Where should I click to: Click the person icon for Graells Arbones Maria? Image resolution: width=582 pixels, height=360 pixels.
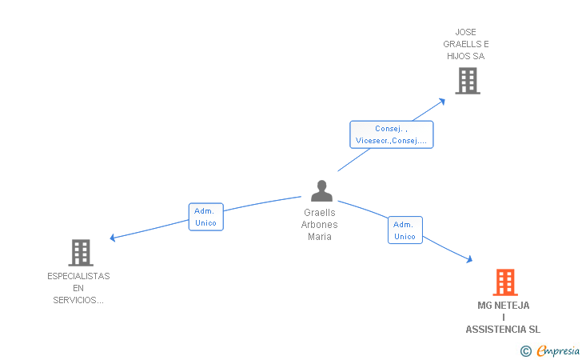[321, 191]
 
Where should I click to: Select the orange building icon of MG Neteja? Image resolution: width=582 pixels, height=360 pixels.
[504, 282]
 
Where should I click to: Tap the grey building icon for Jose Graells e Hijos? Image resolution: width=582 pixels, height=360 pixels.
[467, 81]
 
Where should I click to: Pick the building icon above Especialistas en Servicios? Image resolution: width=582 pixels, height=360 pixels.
[81, 253]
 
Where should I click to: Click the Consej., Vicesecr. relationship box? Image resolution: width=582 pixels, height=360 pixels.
[391, 134]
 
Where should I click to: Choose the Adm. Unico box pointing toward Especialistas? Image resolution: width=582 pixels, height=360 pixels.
[205, 217]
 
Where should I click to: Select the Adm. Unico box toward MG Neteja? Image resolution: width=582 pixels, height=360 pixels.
[405, 230]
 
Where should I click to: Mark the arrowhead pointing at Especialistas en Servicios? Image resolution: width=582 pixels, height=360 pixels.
[113, 238]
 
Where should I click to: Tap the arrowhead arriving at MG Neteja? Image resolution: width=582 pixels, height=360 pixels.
[469, 259]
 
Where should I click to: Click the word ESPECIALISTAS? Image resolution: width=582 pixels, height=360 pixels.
[78, 276]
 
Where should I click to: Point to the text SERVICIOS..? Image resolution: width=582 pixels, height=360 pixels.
[78, 300]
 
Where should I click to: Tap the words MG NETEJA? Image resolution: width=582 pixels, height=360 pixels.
[503, 306]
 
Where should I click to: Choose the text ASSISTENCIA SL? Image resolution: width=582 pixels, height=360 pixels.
[503, 330]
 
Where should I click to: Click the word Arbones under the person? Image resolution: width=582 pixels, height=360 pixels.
[319, 225]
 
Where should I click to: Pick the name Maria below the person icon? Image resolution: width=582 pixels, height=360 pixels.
[319, 237]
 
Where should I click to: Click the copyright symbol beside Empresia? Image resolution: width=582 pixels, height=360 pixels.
[525, 350]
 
